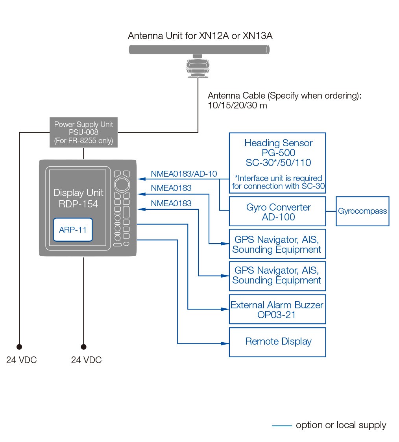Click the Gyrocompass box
(362, 211)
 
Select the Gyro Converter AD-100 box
(277, 212)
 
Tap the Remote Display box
(277, 342)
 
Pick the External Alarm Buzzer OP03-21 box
(277, 310)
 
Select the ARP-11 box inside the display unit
(73, 229)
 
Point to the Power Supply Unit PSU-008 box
(83, 132)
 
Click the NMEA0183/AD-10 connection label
(184, 174)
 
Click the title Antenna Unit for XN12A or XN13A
(200, 36)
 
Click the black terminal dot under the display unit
(83, 347)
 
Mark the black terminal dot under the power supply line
(19, 347)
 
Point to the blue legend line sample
(282, 425)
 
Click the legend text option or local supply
(341, 425)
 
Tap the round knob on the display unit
(122, 184)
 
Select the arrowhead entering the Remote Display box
(226, 343)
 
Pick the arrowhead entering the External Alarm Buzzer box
(226, 310)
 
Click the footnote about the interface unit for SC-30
(278, 182)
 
